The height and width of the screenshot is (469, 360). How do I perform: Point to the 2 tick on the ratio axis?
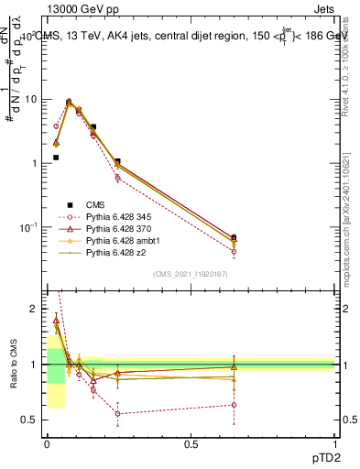[38, 310]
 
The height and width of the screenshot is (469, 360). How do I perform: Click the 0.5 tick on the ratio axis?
[34, 420]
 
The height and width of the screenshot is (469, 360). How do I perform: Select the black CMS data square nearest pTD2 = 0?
[56, 158]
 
